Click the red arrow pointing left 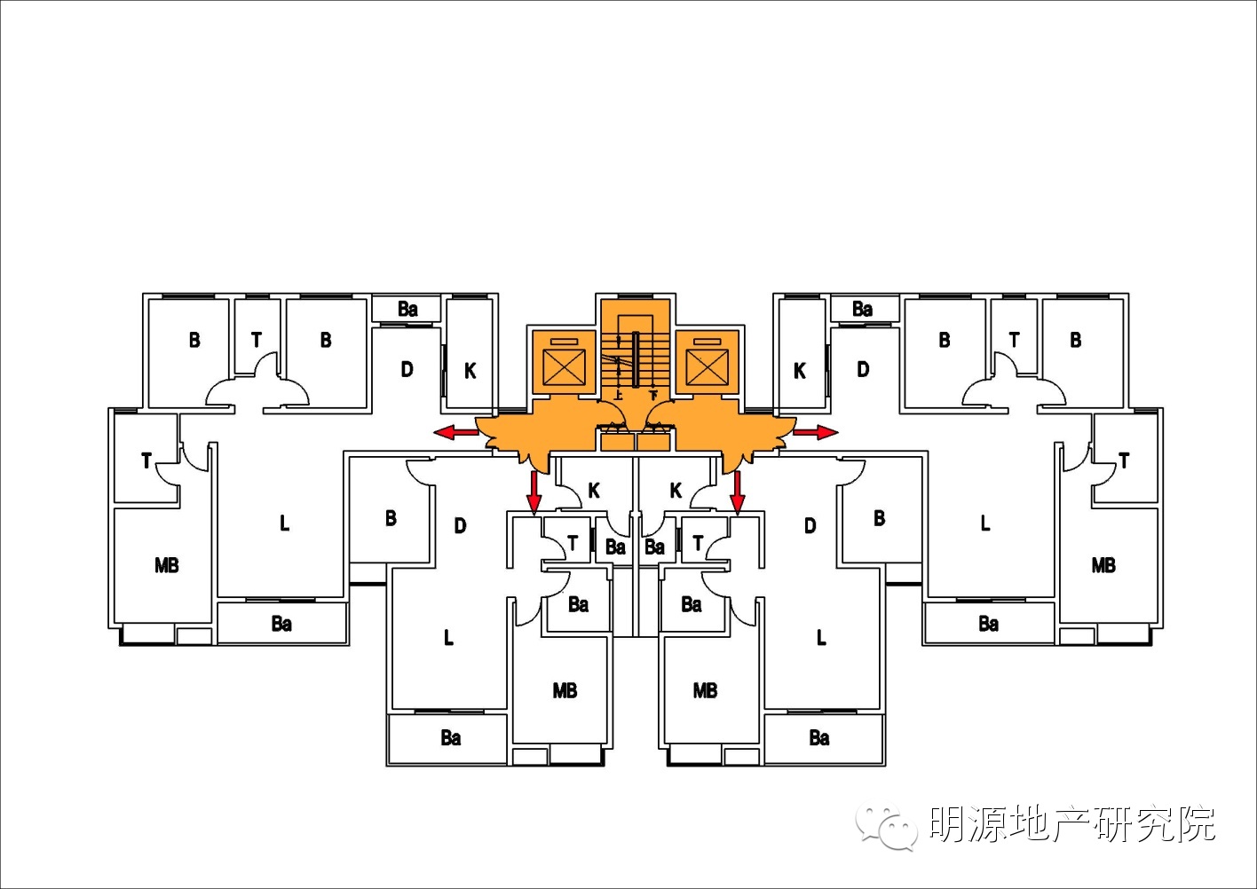tap(455, 432)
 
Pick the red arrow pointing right tap(815, 432)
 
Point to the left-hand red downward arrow tap(534, 492)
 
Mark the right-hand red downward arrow tap(737, 492)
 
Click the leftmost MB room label tap(167, 565)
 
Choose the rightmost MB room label tap(1103, 565)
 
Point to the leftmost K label tap(470, 371)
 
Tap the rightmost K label tap(800, 371)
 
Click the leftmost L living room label tap(284, 523)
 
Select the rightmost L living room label tap(984, 523)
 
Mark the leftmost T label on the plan tap(146, 460)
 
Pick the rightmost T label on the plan tap(1124, 460)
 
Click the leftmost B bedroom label tap(194, 340)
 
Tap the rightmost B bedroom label tap(1076, 340)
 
